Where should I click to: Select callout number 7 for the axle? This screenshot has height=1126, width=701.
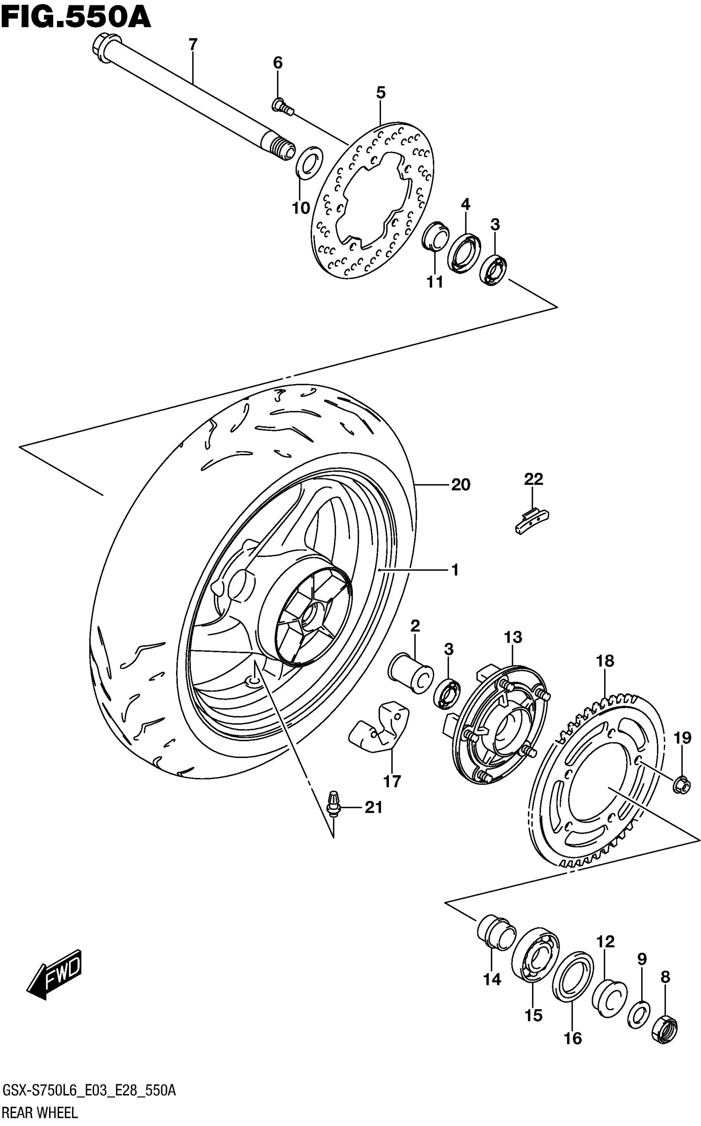point(193,45)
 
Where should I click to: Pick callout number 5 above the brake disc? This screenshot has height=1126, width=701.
point(381,93)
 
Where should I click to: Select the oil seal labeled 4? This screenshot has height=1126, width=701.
point(463,253)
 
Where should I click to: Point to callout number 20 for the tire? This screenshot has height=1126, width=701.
point(460,485)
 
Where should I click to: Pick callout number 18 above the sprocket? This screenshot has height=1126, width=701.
point(605,661)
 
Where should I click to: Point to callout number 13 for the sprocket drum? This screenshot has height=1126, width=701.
point(513,637)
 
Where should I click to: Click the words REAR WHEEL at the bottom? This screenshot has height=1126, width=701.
point(40,1112)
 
